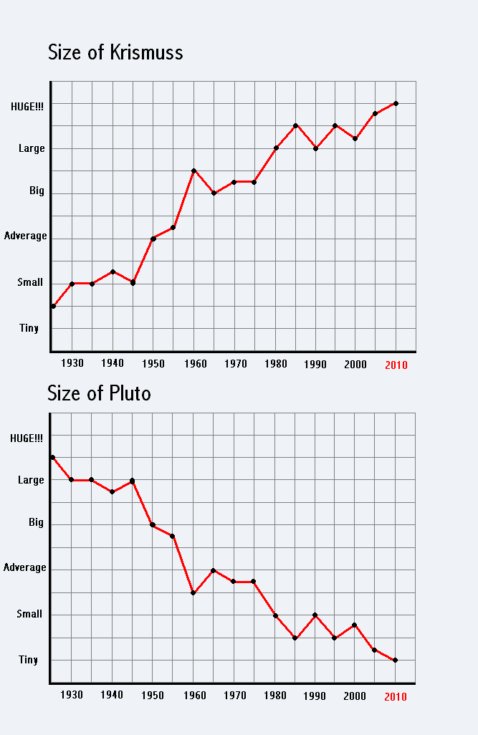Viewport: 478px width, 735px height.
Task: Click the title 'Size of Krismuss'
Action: (115, 52)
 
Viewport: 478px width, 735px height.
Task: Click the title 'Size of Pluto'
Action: (99, 393)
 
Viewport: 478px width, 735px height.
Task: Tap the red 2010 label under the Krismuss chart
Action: (396, 365)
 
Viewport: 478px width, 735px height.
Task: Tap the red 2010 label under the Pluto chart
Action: (396, 696)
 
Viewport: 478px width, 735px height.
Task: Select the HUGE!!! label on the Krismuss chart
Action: (27, 106)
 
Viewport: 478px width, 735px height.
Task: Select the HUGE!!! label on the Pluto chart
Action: (27, 438)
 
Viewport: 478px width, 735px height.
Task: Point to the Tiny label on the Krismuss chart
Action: (29, 328)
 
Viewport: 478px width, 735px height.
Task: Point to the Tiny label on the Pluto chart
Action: (29, 660)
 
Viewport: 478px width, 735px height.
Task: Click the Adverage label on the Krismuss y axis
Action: (26, 236)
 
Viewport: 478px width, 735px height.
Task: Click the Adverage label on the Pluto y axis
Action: (25, 567)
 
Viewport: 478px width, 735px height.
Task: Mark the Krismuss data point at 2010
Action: (396, 103)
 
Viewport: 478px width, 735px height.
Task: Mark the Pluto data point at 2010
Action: (396, 660)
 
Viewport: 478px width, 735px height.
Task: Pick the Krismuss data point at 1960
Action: (193, 170)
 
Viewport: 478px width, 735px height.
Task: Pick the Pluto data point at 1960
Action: (193, 592)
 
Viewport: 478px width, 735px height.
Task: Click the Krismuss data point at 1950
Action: (153, 239)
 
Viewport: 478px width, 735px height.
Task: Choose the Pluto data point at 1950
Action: (153, 524)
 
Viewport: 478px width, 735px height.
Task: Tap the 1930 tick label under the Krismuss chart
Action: (72, 363)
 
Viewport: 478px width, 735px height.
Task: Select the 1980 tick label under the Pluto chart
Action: (275, 695)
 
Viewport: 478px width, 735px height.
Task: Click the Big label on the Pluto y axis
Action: (36, 522)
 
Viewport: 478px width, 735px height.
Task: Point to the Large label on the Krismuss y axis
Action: (32, 148)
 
